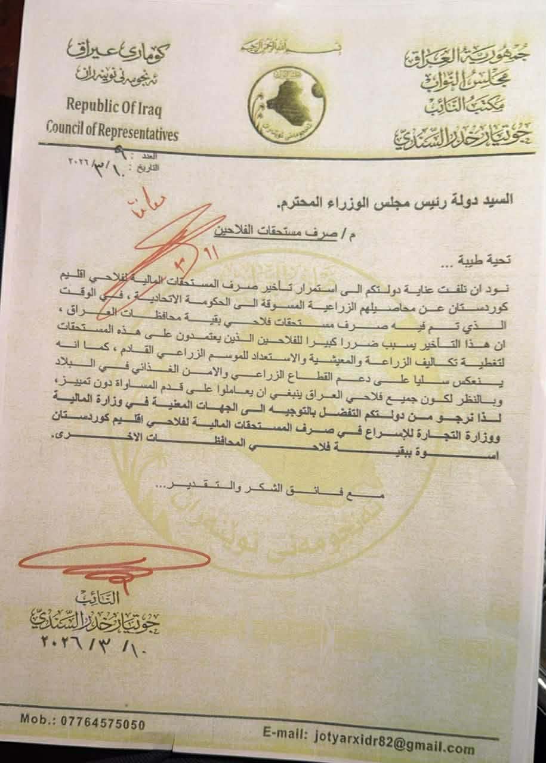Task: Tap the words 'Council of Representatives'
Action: [x=112, y=134]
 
